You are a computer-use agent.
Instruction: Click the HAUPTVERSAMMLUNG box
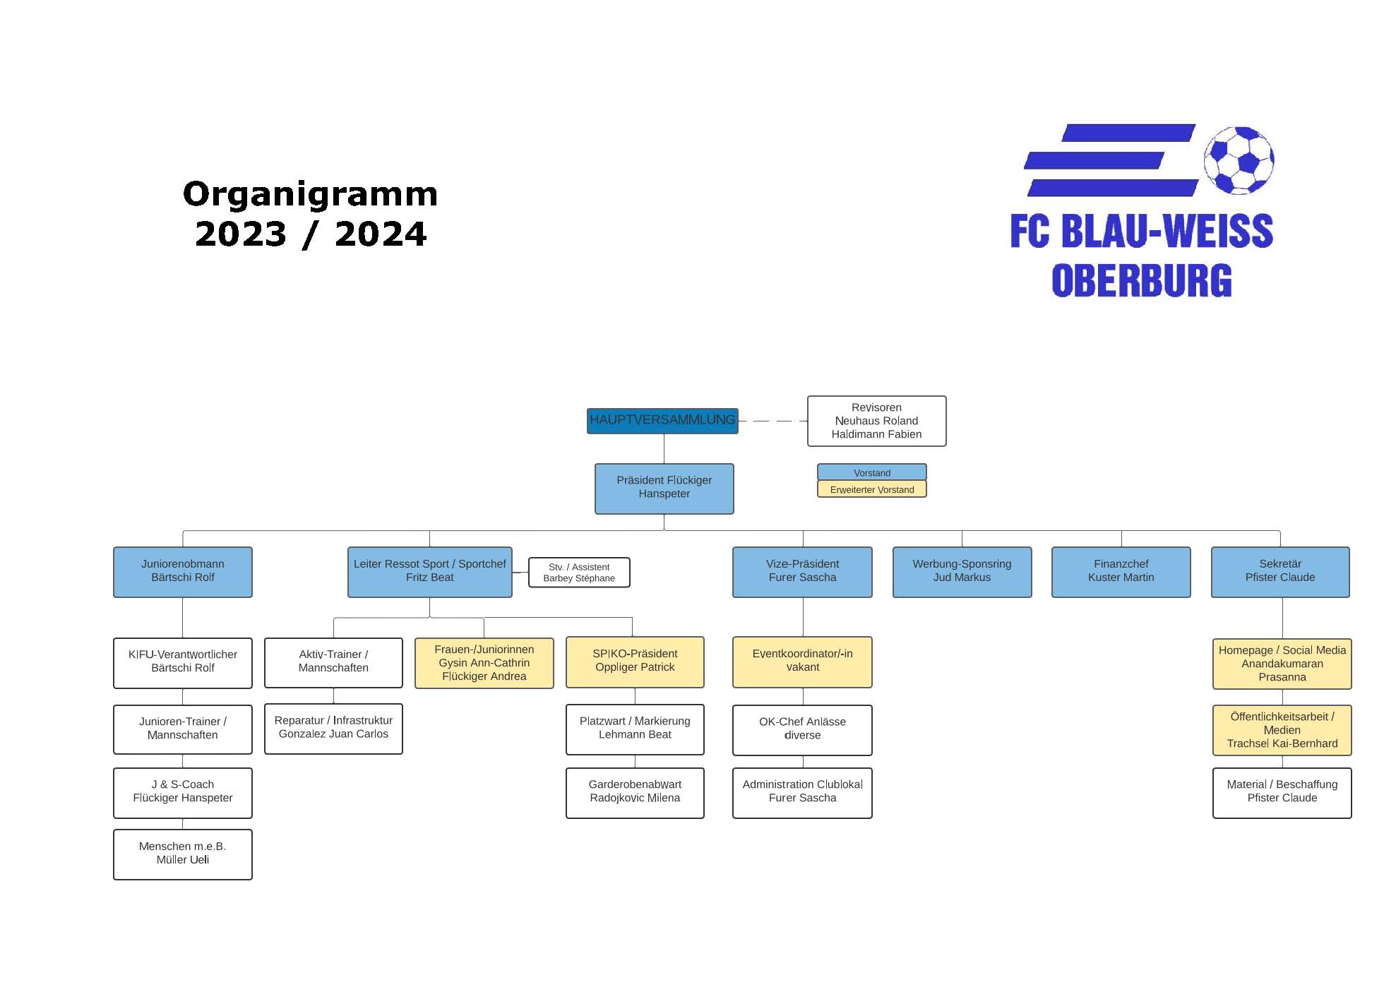click(x=662, y=421)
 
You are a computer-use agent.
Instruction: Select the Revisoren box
click(x=876, y=421)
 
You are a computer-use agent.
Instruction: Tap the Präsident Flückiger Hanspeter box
click(x=664, y=488)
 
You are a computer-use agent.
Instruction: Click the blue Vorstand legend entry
click(x=871, y=472)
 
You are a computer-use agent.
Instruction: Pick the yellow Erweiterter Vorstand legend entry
click(x=871, y=489)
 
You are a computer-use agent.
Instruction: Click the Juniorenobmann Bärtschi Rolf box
click(x=182, y=571)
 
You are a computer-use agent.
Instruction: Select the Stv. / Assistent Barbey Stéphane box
click(x=579, y=573)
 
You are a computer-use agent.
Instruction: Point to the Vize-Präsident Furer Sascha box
click(x=802, y=571)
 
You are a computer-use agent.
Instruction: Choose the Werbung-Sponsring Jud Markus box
click(x=962, y=571)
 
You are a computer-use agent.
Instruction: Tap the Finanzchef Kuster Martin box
click(x=1121, y=571)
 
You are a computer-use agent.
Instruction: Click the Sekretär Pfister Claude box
click(x=1279, y=571)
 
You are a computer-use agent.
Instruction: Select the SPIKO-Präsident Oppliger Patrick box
click(x=635, y=662)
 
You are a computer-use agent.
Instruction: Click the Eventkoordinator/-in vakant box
click(x=802, y=662)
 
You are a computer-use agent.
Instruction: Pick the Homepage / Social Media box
click(x=1282, y=664)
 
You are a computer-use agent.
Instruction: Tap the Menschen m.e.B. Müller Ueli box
click(x=182, y=854)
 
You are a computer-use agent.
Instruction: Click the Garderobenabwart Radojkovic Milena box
click(x=635, y=792)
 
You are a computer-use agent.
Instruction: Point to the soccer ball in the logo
click(x=1239, y=160)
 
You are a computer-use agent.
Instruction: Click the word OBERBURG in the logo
click(x=1141, y=280)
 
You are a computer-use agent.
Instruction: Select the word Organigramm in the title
click(x=310, y=194)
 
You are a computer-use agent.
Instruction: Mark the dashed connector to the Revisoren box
click(x=772, y=421)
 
